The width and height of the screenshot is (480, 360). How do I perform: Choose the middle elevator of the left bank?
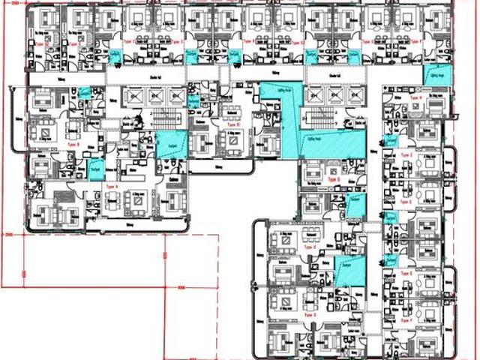157,95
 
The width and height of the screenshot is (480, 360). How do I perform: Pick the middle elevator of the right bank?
334,95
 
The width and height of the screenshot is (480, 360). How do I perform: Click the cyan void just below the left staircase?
163,142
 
